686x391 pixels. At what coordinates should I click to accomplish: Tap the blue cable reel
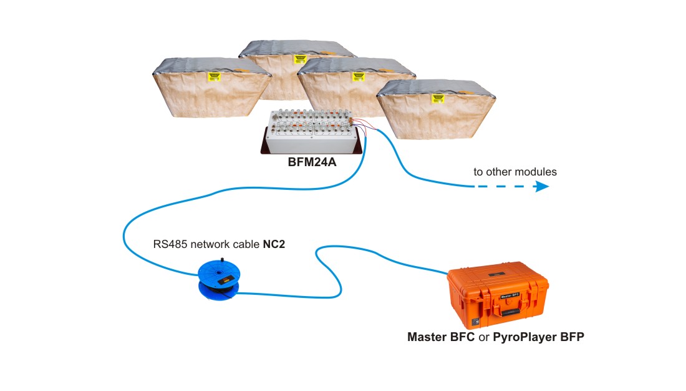[218, 279]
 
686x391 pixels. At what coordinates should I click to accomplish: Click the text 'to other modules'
[514, 172]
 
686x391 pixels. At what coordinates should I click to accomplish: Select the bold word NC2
[274, 243]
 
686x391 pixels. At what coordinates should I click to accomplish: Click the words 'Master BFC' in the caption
[440, 337]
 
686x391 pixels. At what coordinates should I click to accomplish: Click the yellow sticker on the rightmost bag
[438, 98]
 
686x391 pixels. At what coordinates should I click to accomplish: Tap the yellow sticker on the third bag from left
[358, 76]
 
